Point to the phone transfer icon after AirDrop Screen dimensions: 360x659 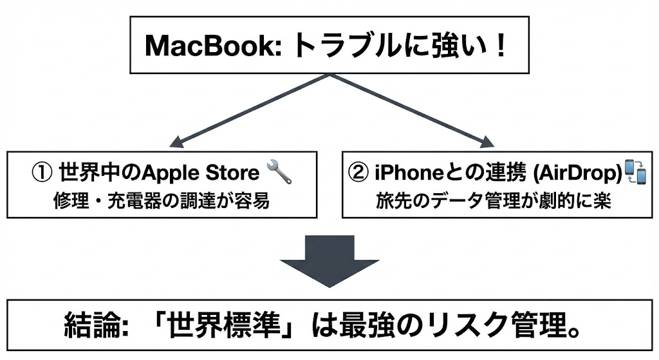(635, 173)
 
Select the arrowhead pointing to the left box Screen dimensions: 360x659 (174, 144)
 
